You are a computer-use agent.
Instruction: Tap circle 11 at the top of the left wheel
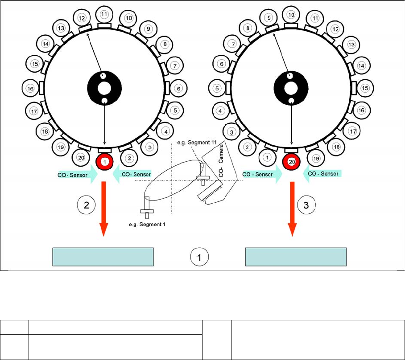pos(104,14)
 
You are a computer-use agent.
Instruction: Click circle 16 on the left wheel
pos(30,88)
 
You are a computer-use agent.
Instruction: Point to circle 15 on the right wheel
pos(365,88)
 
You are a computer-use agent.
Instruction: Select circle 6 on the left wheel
pos(178,88)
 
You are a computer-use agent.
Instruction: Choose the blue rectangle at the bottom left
pos(103,257)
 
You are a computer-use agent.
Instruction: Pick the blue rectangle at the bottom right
pos(296,257)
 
